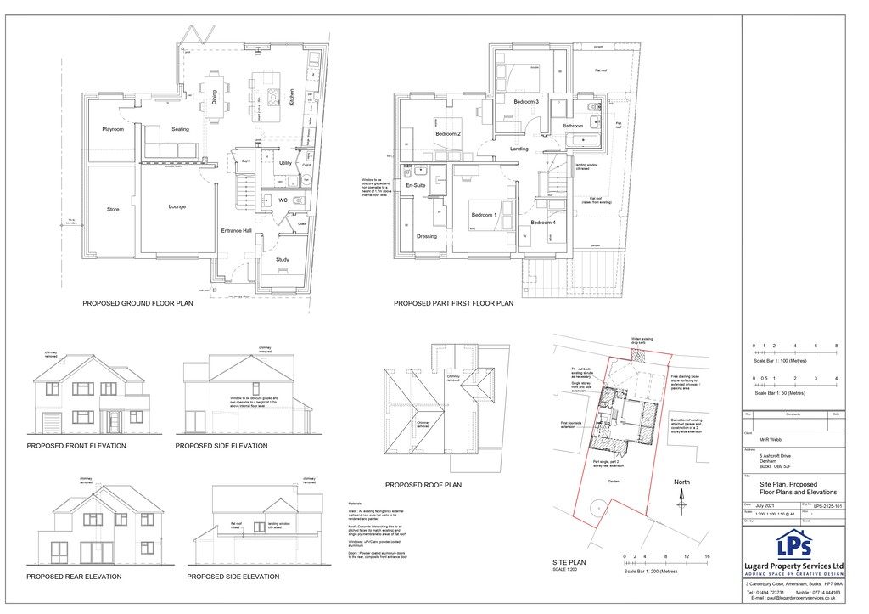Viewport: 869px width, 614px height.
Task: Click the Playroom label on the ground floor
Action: pos(113,130)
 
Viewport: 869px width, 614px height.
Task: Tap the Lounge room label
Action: pos(177,206)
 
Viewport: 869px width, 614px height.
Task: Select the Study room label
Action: pos(282,260)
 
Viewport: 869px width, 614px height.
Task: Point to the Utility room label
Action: pos(285,162)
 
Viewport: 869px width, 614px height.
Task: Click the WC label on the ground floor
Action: pos(284,201)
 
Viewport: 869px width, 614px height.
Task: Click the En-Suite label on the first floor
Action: pos(415,184)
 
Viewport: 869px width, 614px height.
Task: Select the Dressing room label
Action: pos(427,237)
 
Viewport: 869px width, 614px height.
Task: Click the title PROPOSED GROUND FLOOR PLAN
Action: pos(137,302)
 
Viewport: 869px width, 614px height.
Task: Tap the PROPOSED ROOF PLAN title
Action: pos(423,485)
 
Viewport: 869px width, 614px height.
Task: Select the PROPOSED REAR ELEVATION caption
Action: pos(74,577)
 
